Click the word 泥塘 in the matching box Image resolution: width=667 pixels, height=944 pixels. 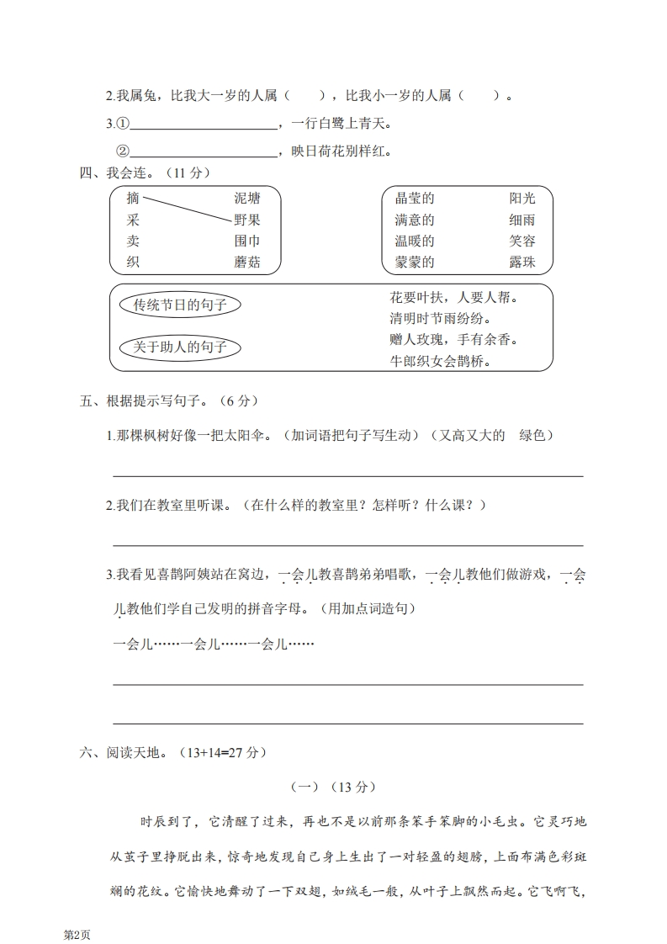click(247, 199)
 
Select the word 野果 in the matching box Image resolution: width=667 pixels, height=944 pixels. click(247, 220)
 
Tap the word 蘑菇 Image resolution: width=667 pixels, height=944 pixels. click(247, 263)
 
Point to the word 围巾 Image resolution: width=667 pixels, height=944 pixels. click(247, 241)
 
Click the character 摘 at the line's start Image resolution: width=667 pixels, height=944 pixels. click(133, 199)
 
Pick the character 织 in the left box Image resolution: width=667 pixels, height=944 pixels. click(133, 263)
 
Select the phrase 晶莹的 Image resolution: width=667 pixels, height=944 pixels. click(415, 199)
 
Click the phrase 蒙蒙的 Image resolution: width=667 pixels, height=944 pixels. click(415, 263)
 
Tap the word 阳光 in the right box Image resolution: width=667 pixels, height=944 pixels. click(521, 199)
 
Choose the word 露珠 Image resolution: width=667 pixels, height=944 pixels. click(521, 263)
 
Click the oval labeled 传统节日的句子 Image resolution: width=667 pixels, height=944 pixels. click(181, 305)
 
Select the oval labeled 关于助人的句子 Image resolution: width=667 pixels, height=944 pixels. click(180, 347)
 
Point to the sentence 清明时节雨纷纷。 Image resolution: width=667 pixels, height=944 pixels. click(441, 319)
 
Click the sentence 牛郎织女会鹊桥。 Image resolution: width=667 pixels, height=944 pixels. click(441, 362)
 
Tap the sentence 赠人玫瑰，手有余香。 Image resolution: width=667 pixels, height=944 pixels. click(453, 340)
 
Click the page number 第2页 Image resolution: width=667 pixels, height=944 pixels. click(77, 935)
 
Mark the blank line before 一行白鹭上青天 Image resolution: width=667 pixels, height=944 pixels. click(204, 127)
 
